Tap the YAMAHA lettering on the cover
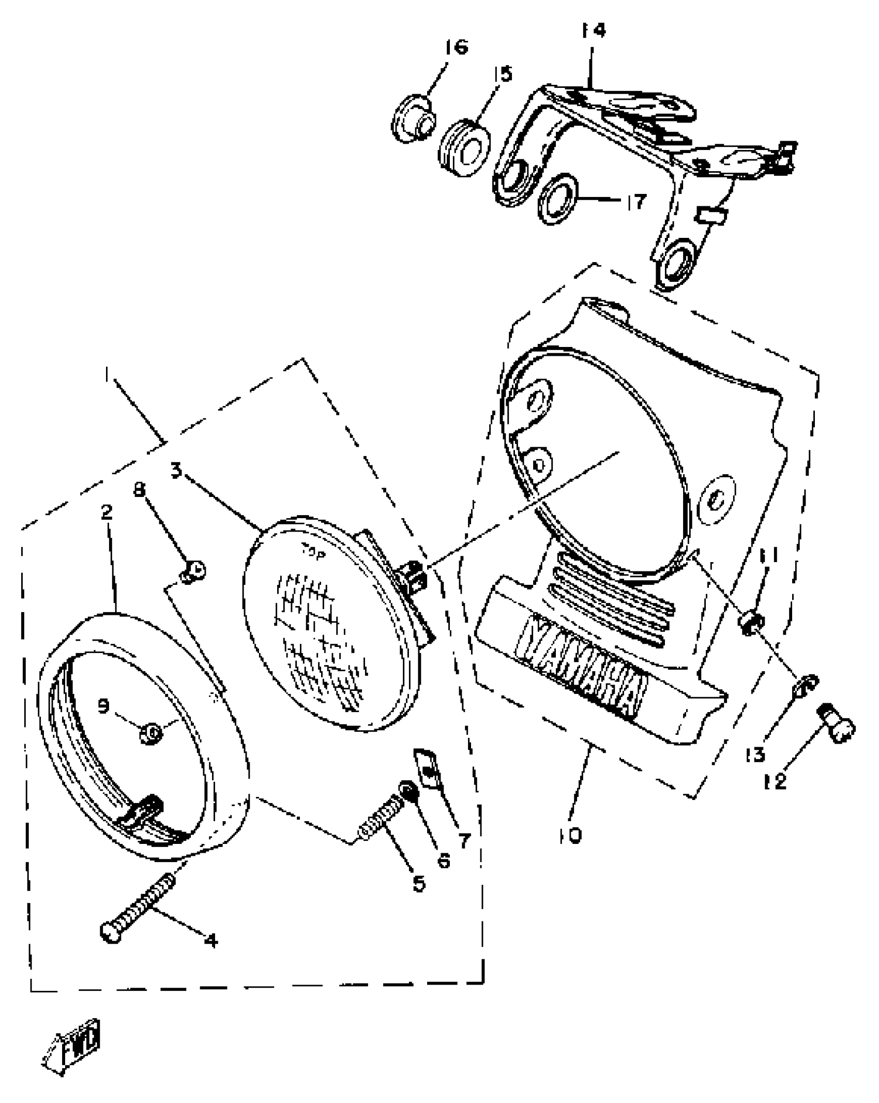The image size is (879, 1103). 584,664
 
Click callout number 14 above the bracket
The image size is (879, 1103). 593,31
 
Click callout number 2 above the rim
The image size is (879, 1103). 107,512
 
